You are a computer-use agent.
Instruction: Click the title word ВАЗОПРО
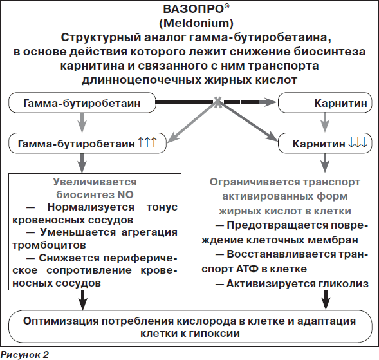[x=194, y=9]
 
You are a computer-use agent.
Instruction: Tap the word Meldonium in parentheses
[x=196, y=23]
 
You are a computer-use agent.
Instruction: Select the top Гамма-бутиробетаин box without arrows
[x=82, y=102]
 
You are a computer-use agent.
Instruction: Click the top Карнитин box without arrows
[x=325, y=102]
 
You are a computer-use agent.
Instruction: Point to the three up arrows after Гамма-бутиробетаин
[x=147, y=142]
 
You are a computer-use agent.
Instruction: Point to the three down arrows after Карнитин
[x=358, y=142]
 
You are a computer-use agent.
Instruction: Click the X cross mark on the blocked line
[x=217, y=102]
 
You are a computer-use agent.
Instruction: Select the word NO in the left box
[x=125, y=194]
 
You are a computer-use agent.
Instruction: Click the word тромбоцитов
[x=49, y=245]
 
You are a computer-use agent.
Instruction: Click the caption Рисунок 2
[x=24, y=355]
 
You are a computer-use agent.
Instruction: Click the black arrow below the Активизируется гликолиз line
[x=326, y=300]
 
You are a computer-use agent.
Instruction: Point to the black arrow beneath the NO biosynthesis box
[x=83, y=300]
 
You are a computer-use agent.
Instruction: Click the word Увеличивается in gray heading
[x=95, y=182]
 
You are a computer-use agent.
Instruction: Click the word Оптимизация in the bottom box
[x=61, y=321]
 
